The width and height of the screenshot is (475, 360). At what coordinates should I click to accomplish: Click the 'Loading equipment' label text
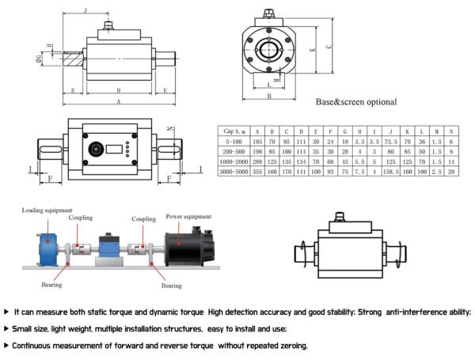[48, 210]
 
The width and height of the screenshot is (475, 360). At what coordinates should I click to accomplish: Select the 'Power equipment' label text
[188, 215]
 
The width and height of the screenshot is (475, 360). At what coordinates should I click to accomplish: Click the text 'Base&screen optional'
[356, 102]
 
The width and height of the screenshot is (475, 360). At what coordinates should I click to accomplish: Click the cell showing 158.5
[390, 170]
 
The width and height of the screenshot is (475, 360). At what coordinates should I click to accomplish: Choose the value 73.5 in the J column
[390, 141]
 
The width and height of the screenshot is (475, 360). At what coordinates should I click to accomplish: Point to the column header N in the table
[450, 131]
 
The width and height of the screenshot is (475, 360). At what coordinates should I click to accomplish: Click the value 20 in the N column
[450, 170]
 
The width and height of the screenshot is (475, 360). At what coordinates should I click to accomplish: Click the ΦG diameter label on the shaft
[39, 58]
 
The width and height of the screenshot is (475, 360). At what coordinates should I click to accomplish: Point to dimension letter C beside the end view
[329, 46]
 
